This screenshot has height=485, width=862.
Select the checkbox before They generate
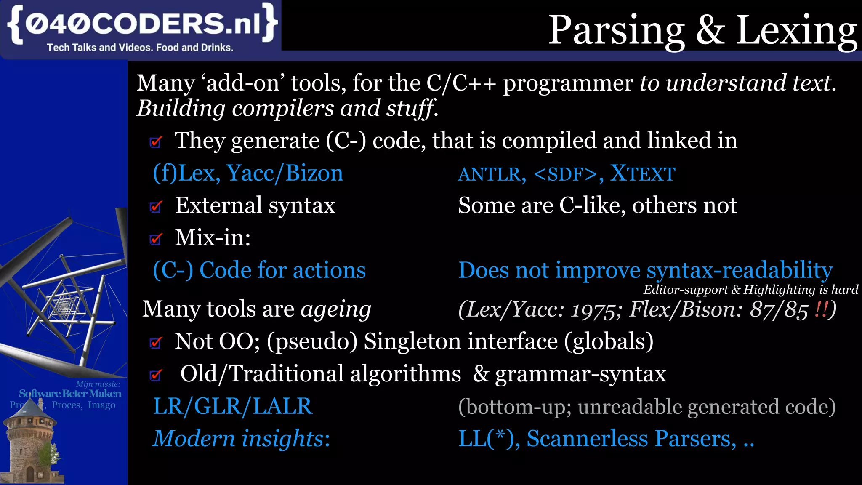coord(156,142)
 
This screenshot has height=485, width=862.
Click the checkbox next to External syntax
coord(156,206)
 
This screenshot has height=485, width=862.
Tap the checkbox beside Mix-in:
coord(156,239)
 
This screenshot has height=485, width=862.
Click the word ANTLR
coord(492,174)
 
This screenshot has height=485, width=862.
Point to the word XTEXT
coord(643,173)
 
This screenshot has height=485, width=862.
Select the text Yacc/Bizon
coord(285,173)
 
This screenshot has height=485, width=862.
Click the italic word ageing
coord(335,310)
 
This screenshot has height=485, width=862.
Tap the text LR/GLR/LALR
coord(232,406)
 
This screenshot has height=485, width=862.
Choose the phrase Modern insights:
coord(241,439)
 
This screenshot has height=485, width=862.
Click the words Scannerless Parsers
coord(631,439)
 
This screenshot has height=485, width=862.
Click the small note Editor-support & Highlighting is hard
coord(750,290)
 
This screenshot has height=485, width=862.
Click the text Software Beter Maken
coord(70,394)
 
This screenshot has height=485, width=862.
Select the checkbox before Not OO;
coord(156,343)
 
